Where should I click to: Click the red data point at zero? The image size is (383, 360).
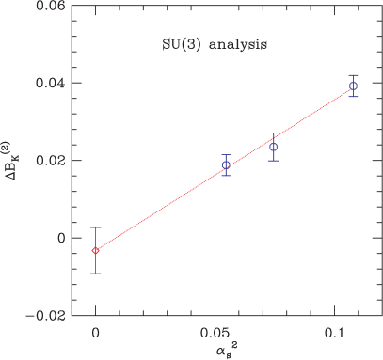coord(95,250)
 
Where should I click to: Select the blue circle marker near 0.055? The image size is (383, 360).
coord(226,165)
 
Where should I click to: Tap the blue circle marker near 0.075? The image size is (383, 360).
coord(273,147)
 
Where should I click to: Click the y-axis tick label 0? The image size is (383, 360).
coord(62,238)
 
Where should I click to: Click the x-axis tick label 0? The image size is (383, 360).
coord(95,335)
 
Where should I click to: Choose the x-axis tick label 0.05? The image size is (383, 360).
coord(215,335)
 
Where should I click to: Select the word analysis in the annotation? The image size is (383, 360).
coord(230,44)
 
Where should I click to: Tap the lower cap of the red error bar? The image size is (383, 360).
coord(95,273)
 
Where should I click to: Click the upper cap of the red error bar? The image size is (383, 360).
coord(95,227)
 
